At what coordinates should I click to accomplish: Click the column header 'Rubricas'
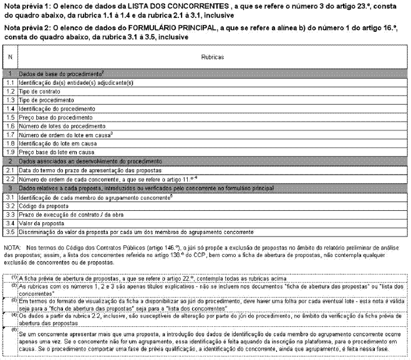pyautogui.click(x=208, y=56)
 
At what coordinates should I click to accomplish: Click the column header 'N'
pyautogui.click(x=10, y=56)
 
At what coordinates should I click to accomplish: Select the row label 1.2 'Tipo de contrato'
pyautogui.click(x=42, y=90)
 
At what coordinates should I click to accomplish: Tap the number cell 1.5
pyautogui.click(x=10, y=117)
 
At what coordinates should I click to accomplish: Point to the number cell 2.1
pyautogui.click(x=10, y=169)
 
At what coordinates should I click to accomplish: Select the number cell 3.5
pyautogui.click(x=10, y=231)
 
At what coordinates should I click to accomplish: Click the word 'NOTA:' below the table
pyautogui.click(x=12, y=248)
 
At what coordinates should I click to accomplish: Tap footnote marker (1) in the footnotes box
pyautogui.click(x=14, y=276)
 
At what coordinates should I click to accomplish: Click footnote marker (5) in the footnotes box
pyautogui.click(x=14, y=329)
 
